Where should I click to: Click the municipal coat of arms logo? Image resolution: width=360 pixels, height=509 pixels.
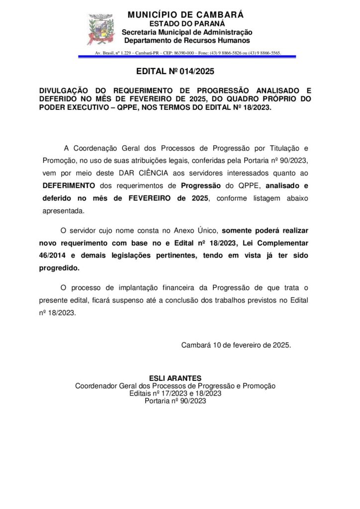[101, 29]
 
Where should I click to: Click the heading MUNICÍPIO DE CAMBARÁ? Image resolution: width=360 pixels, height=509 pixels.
[186, 15]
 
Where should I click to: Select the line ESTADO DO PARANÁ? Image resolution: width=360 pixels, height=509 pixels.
[187, 24]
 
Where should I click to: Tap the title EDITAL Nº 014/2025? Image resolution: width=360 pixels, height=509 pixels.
[175, 72]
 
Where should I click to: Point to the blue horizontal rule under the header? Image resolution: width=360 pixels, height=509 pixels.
[187, 57]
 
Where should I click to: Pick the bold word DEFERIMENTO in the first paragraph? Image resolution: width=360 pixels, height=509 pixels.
[68, 186]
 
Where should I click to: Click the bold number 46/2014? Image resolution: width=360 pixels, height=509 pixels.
[53, 255]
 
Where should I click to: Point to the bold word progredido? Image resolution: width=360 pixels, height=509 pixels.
[59, 268]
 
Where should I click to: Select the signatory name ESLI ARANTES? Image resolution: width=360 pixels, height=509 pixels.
[175, 378]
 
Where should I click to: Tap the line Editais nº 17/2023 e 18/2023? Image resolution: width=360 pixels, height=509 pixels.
[175, 393]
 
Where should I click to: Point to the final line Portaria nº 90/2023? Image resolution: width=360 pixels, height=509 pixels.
[175, 401]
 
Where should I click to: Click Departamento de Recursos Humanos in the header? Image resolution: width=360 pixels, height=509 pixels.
[187, 40]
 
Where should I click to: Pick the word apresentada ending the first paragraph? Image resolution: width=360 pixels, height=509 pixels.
[63, 211]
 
